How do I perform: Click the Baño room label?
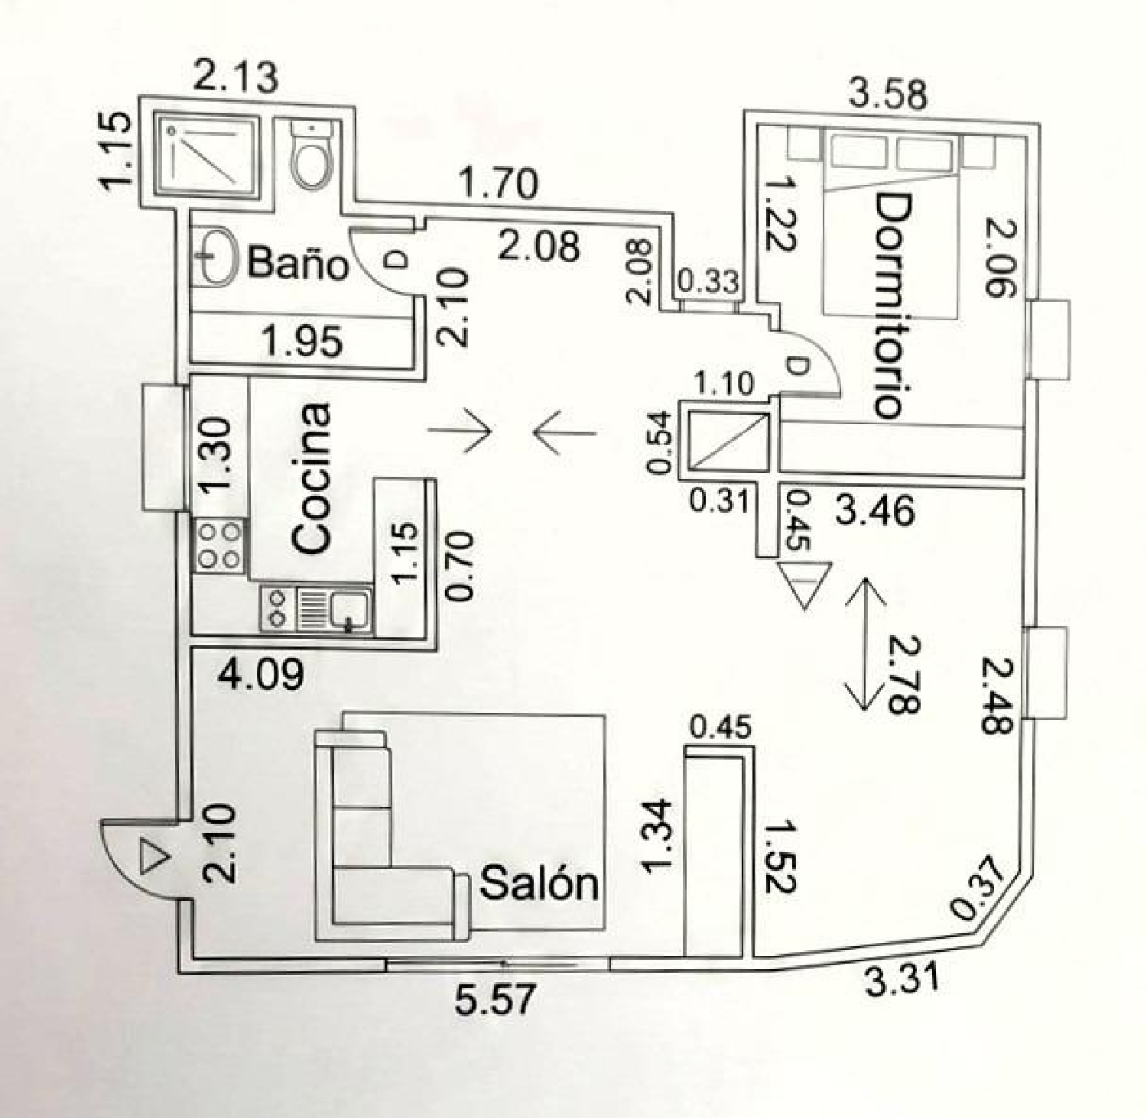tap(297, 264)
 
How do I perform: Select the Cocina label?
tap(312, 478)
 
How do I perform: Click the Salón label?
tap(538, 884)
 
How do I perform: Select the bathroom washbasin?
tap(217, 257)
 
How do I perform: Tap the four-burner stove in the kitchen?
tap(220, 545)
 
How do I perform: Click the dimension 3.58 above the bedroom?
tap(889, 94)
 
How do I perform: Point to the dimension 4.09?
tap(261, 675)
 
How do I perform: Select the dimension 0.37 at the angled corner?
tap(976, 889)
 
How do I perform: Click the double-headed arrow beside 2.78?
tap(863, 643)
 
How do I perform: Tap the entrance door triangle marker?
tap(153, 856)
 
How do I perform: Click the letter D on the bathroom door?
tap(397, 261)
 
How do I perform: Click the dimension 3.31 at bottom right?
tap(902, 979)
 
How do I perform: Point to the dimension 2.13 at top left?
tap(235, 77)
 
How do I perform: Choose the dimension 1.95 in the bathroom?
tap(303, 341)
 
